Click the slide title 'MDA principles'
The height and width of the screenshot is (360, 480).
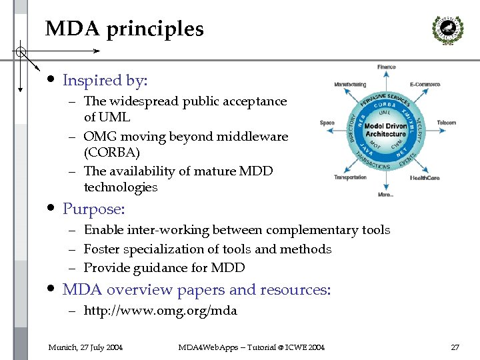coord(124,30)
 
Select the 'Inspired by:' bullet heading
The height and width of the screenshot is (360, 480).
coord(105,81)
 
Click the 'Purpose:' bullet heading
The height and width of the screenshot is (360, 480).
coord(93,209)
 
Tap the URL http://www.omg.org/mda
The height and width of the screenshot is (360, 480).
coord(160,311)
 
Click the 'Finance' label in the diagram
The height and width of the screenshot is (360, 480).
coord(387,67)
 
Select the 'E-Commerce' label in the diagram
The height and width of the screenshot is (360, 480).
coord(425,85)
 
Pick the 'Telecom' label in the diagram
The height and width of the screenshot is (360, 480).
coord(446,123)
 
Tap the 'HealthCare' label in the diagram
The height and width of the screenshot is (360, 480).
coord(425,178)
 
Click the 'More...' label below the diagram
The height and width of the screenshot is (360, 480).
coord(385,195)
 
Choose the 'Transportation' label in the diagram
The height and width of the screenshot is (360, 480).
coord(351,177)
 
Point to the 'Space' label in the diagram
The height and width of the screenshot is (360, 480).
coord(327,123)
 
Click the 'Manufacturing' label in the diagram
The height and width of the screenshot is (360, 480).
coord(350,85)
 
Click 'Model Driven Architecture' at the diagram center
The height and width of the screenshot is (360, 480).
coord(386,130)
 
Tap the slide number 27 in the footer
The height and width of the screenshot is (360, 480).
coord(455,347)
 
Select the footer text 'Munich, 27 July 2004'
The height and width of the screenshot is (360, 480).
coord(85,347)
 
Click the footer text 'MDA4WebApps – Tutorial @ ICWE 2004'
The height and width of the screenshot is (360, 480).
coord(251,347)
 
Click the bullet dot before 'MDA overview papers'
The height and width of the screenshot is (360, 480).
coord(51,289)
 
